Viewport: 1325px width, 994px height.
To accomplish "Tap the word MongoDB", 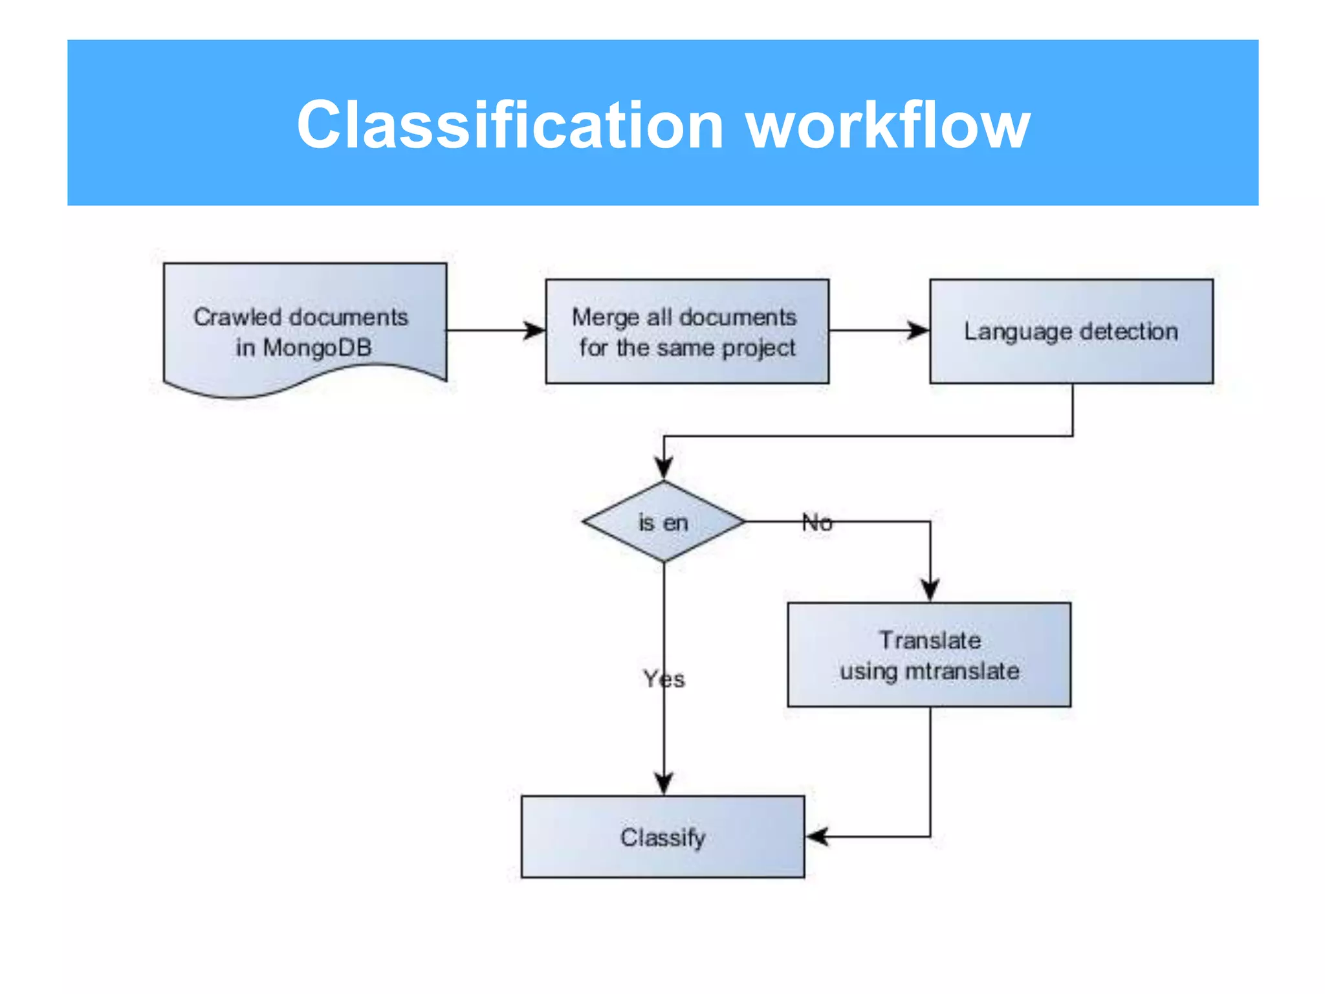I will point(317,348).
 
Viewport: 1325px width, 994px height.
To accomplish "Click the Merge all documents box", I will point(687,331).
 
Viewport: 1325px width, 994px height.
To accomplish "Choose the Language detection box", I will point(1071,331).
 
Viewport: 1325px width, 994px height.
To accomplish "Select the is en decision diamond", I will point(664,522).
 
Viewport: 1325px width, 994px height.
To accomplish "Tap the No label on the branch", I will point(817,522).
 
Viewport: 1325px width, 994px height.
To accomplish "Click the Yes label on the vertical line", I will point(664,679).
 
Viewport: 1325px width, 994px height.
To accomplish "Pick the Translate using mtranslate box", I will point(929,655).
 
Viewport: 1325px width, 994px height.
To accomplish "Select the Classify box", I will point(662,837).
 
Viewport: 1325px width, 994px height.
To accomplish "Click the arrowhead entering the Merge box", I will point(535,331).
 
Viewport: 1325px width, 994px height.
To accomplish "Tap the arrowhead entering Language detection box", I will point(919,331).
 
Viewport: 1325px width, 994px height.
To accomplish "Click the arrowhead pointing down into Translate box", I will point(930,590).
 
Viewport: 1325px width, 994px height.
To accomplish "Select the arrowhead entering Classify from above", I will point(664,782).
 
